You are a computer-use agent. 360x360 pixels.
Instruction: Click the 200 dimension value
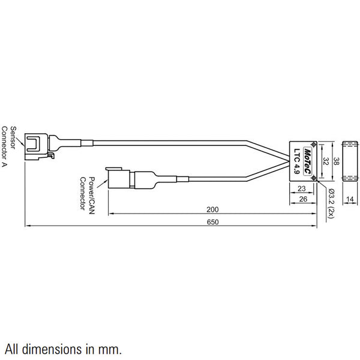tap(211, 210)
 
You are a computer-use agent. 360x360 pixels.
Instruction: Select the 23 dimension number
tap(302, 188)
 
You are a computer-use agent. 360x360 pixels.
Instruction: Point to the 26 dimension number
tap(303, 199)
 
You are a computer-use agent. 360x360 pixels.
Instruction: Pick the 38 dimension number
tap(337, 161)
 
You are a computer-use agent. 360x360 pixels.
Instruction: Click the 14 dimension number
tap(349, 199)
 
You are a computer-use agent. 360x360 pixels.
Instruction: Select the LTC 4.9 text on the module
tap(296, 161)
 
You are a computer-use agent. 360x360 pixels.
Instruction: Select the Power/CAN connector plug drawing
tap(118, 178)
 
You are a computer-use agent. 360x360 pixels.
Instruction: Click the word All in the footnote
tap(13, 347)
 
